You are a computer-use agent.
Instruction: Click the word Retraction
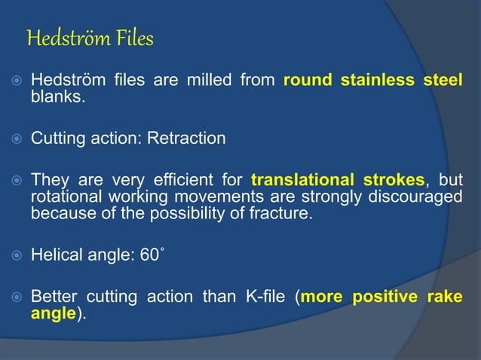(x=188, y=139)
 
